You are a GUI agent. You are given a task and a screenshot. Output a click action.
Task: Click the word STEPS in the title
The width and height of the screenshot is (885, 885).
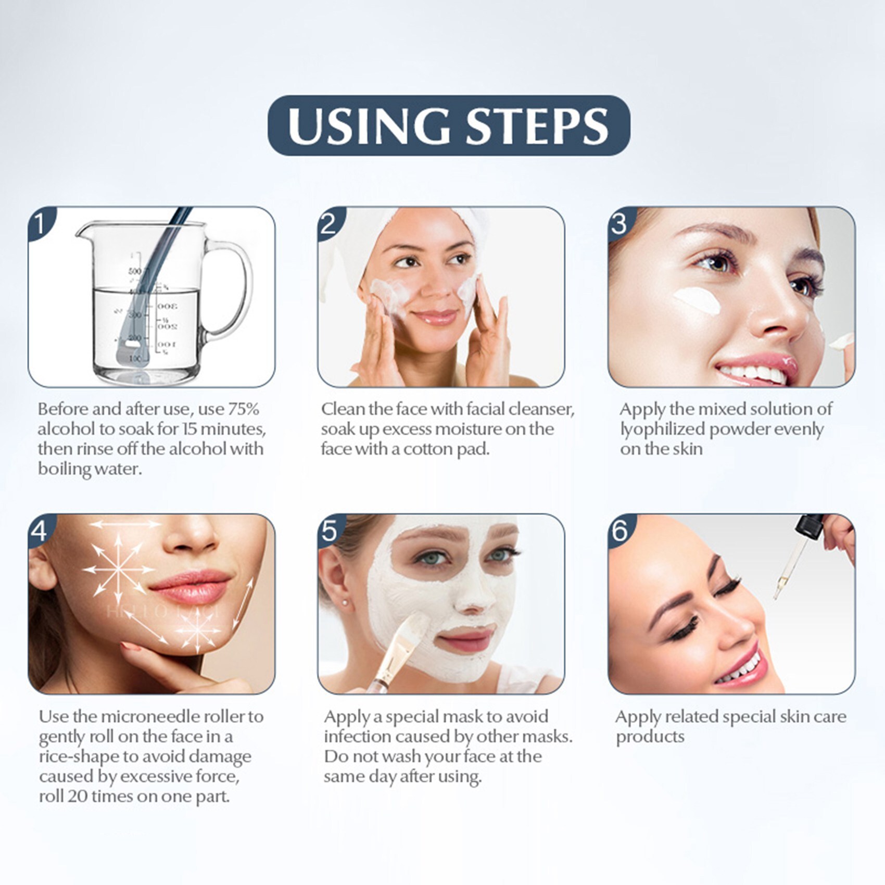[537, 126]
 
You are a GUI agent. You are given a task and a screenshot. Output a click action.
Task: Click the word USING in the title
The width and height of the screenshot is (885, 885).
[368, 126]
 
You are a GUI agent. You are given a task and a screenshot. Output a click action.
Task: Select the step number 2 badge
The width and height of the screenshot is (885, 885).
[330, 223]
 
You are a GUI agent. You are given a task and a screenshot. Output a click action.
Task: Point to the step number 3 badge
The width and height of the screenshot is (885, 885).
[620, 223]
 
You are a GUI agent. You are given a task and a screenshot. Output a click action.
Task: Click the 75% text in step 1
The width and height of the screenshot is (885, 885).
[243, 409]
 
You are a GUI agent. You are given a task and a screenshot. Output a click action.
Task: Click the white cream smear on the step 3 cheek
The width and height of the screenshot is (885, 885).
[697, 300]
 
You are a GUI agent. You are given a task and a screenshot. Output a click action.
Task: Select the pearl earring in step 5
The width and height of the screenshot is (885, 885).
[345, 602]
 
